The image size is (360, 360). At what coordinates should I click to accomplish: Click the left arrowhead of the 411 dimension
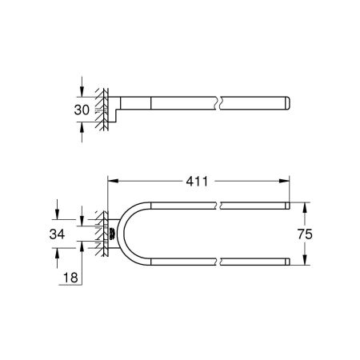pos(110,181)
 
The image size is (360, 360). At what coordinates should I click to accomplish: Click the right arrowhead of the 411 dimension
pos(285,181)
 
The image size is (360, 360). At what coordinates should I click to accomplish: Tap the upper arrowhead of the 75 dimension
pos(302,205)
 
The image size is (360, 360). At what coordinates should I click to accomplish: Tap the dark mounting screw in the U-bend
pos(110,233)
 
